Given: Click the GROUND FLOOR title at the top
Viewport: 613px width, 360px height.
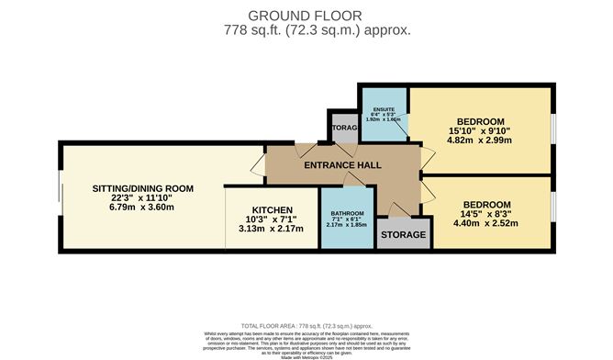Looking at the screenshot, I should [305, 15].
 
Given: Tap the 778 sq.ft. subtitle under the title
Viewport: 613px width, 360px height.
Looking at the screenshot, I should [305, 29].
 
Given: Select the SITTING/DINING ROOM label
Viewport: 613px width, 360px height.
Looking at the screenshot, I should [142, 189].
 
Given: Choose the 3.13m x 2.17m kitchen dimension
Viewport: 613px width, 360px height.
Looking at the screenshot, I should [270, 231].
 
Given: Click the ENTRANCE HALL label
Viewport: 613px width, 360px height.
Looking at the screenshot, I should [344, 164].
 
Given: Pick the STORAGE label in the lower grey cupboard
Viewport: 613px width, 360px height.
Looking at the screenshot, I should [404, 235].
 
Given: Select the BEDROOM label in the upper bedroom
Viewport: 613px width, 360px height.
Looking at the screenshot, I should [480, 122].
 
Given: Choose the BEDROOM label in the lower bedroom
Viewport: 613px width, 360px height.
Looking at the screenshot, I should [487, 204].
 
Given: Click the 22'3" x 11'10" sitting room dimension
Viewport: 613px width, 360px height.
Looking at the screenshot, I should [142, 197].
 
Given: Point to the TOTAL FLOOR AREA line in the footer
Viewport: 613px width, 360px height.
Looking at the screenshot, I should [305, 326].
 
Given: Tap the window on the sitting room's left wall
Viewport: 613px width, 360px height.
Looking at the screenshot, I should [61, 197].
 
